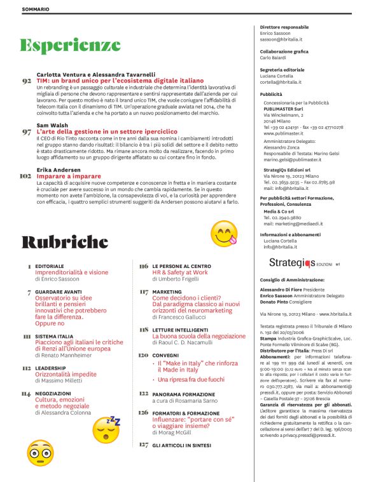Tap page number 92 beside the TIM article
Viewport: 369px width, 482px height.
pos(26,82)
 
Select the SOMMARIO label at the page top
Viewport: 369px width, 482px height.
pos(36,10)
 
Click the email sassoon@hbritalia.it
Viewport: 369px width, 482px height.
pos(282,39)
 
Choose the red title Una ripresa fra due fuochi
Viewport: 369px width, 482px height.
pos(186,379)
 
